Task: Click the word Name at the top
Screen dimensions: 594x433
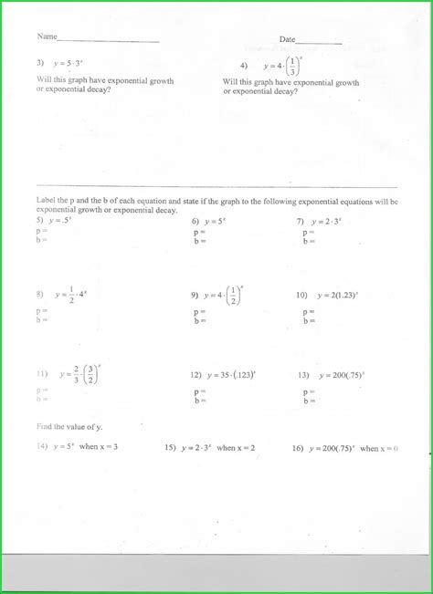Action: tap(47, 37)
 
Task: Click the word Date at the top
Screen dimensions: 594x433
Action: tap(287, 39)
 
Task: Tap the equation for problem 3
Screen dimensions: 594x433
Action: tap(69, 64)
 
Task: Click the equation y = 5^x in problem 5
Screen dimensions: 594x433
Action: tap(61, 220)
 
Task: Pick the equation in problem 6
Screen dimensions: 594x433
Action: tap(216, 221)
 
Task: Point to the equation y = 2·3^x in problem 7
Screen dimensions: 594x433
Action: tap(326, 221)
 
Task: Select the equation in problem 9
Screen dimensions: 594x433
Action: tap(225, 295)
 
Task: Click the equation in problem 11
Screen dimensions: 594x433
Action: tap(79, 374)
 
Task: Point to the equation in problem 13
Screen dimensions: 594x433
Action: tap(341, 374)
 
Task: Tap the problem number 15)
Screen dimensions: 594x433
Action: tap(170, 448)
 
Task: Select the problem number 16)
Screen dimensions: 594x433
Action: tap(298, 448)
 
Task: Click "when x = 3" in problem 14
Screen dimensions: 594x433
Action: tap(99, 447)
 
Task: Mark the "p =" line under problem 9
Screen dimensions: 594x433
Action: tap(199, 312)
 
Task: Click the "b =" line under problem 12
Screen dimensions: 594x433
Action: tap(199, 400)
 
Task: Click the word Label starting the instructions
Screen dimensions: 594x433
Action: tap(47, 201)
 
